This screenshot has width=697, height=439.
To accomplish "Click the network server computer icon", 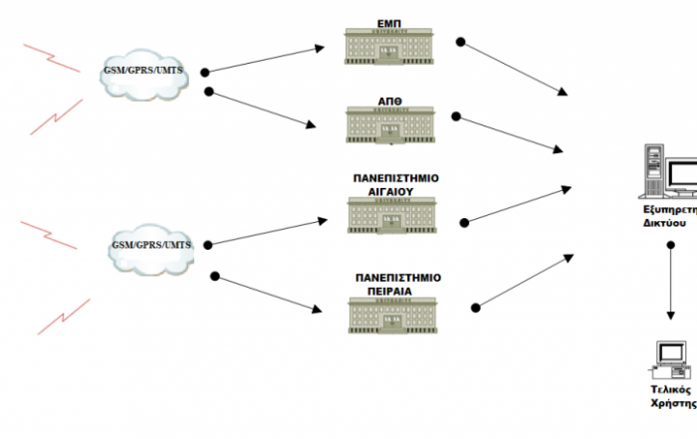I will [672, 174].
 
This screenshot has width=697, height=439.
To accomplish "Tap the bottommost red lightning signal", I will [63, 318].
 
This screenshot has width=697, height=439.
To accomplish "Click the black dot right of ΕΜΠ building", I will [461, 42].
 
